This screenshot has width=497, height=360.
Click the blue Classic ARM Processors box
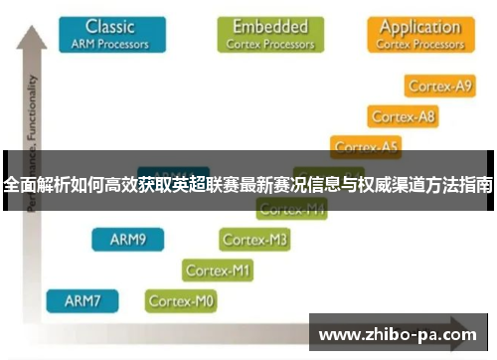[x=109, y=33]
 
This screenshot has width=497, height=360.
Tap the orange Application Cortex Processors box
[x=419, y=33]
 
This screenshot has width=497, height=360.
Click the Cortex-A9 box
[x=437, y=87]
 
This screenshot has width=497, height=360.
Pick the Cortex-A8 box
[x=403, y=117]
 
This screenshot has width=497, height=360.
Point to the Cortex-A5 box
[x=367, y=147]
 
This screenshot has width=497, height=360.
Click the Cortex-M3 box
[x=254, y=240]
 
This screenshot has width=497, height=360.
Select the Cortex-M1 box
[x=219, y=270]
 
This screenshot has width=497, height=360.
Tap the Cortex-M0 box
[x=182, y=299]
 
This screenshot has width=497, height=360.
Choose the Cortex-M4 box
[x=291, y=209]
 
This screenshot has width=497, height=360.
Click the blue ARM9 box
[x=128, y=240]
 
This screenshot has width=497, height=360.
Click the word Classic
[x=109, y=26]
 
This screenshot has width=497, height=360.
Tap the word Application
[x=419, y=26]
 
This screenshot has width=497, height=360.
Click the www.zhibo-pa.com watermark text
[x=397, y=334]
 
